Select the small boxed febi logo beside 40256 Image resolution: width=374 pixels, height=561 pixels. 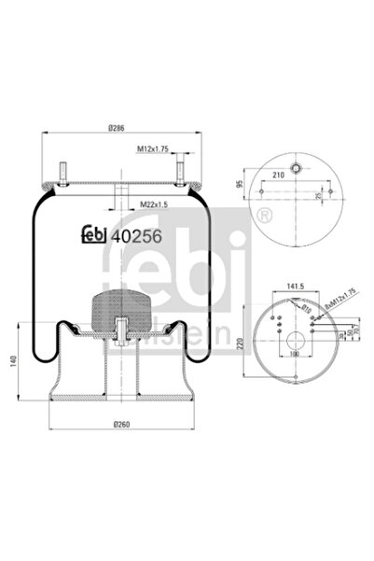click(x=92, y=236)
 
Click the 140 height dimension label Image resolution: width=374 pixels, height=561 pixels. click(x=12, y=362)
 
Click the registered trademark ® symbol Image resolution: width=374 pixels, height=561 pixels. click(x=269, y=217)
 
